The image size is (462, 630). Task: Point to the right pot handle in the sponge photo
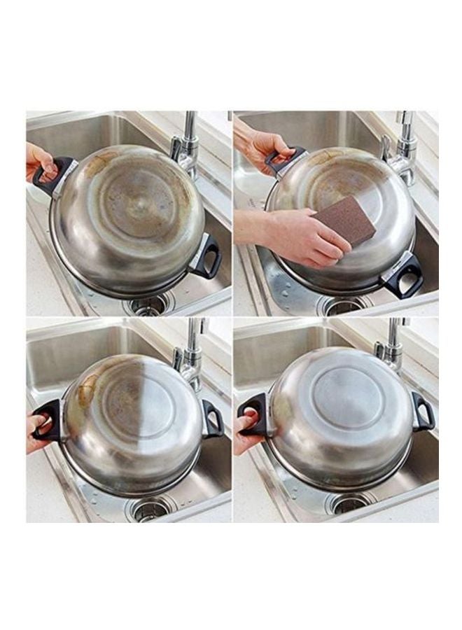click(x=404, y=276)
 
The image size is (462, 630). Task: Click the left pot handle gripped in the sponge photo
click(x=283, y=160)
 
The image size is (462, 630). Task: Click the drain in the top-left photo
click(x=149, y=304)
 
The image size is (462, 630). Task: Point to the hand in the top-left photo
click(x=41, y=160)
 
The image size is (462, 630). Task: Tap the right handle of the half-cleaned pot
click(x=212, y=418)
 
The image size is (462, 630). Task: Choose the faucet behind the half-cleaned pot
click(x=191, y=353)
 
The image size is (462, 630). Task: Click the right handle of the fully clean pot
click(x=423, y=411)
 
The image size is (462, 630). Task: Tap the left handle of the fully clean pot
click(x=253, y=413)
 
